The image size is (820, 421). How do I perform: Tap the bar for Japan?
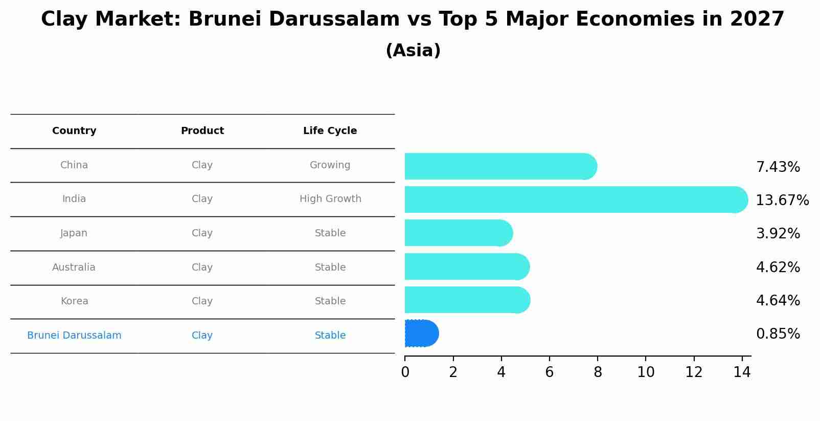tap(458, 233)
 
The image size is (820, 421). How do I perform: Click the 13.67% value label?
tap(782, 201)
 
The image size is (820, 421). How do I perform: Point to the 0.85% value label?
tap(778, 334)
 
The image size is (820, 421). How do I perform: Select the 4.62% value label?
tap(778, 268)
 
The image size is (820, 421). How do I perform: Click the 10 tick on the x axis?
tap(646, 372)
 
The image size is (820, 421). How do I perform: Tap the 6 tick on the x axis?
tap(549, 372)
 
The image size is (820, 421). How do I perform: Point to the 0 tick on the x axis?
tap(405, 372)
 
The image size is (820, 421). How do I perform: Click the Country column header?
tap(74, 131)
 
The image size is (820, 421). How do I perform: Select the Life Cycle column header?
tap(330, 131)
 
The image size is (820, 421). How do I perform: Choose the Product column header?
tap(202, 131)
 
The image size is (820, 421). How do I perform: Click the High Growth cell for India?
tap(330, 199)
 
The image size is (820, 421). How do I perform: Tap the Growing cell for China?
tap(330, 165)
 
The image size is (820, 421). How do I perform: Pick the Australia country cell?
tap(74, 268)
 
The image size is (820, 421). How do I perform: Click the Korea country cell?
tap(74, 301)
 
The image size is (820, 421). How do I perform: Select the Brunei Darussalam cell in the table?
tap(74, 336)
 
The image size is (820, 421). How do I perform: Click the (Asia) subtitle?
tap(413, 51)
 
